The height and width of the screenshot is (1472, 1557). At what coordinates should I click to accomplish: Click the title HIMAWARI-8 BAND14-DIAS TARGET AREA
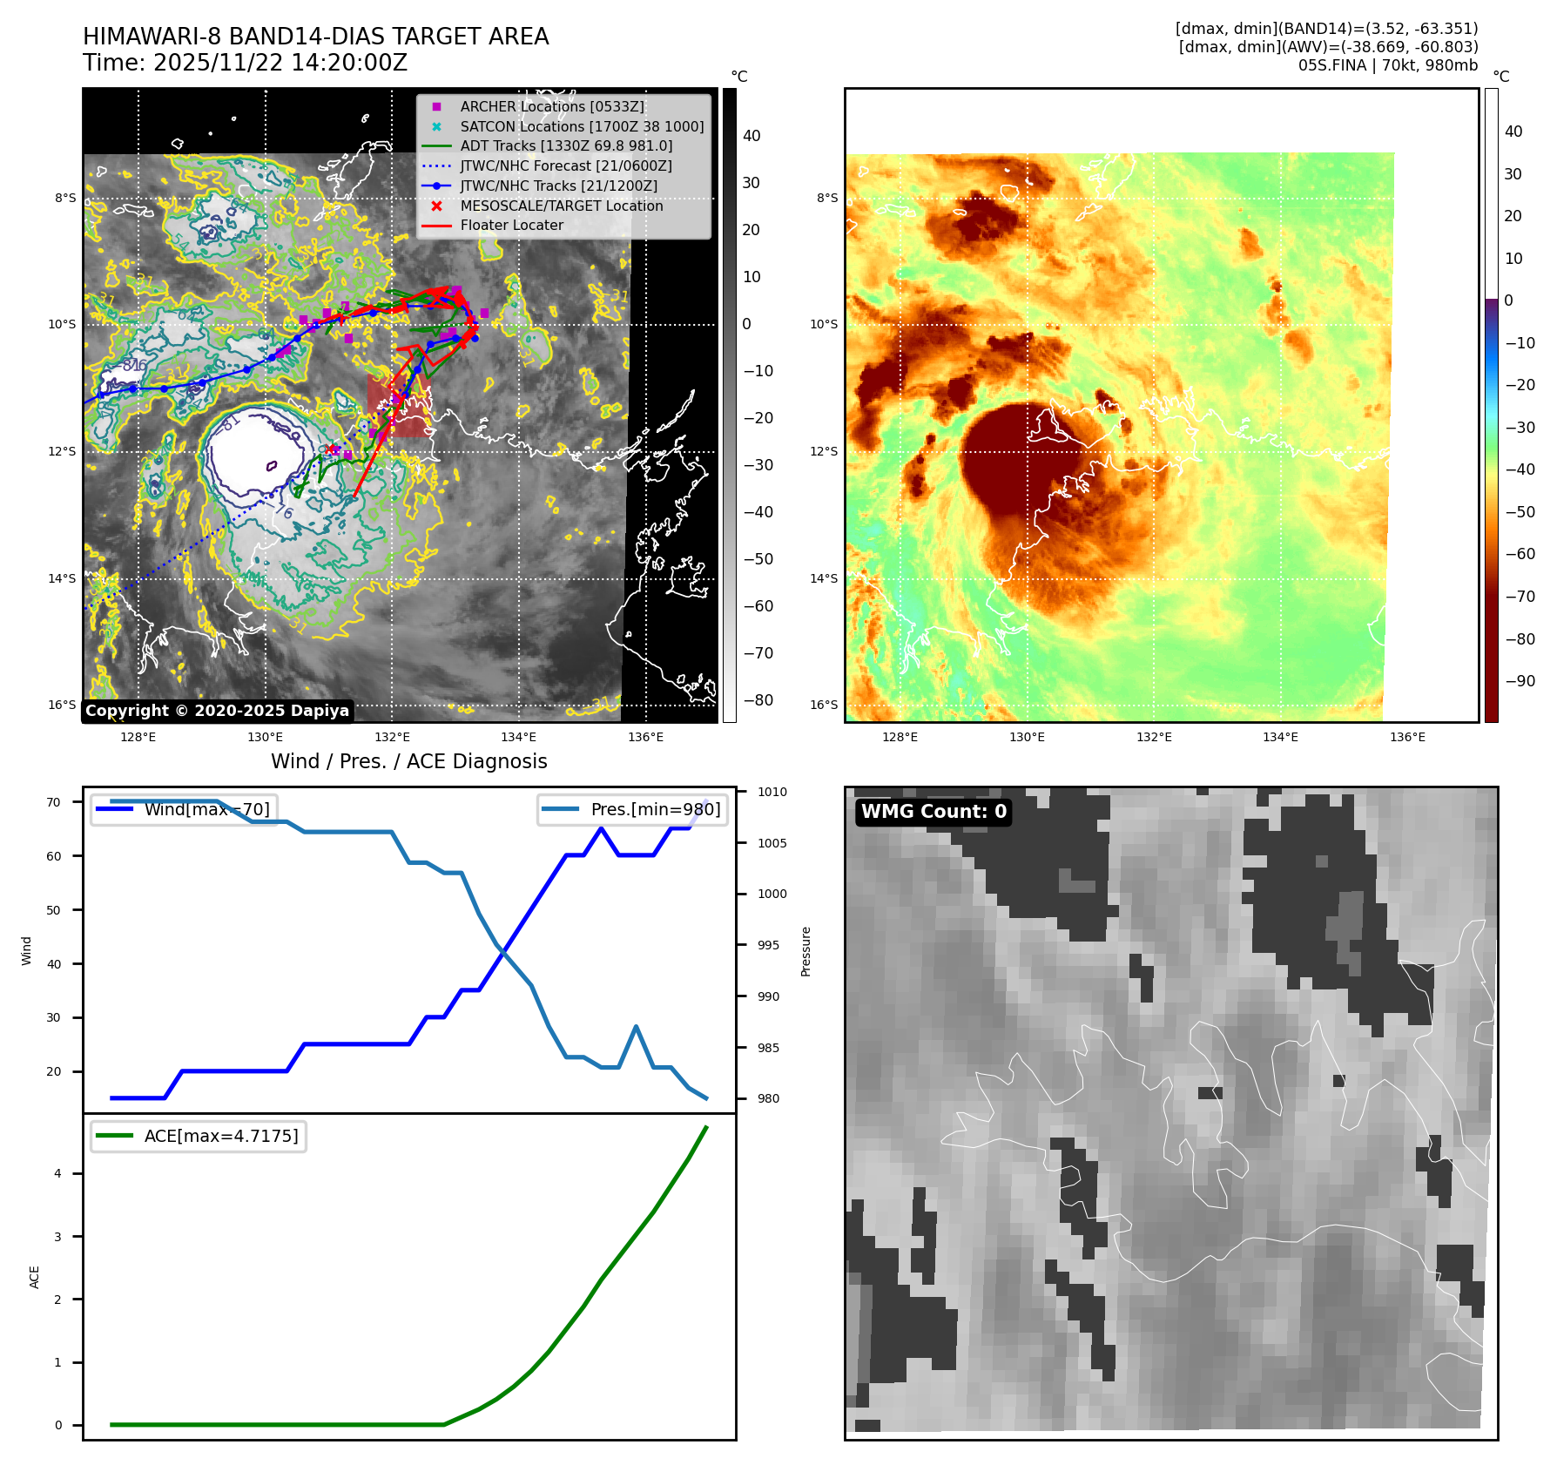click(x=315, y=37)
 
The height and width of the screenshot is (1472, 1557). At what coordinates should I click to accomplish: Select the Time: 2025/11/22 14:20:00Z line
click(x=245, y=63)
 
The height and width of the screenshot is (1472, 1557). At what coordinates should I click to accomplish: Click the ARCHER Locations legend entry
click(x=552, y=106)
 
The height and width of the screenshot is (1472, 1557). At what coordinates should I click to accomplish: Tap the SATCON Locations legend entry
click(x=582, y=126)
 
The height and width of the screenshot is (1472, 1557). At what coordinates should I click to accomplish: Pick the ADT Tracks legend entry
click(x=566, y=145)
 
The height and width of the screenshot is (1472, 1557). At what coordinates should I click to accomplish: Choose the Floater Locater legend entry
click(x=511, y=225)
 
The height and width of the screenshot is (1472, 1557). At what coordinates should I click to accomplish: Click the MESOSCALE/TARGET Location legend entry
click(x=562, y=206)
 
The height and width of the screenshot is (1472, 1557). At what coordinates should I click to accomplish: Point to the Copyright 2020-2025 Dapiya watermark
click(x=217, y=711)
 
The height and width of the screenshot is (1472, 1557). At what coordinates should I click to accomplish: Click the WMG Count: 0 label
click(x=934, y=812)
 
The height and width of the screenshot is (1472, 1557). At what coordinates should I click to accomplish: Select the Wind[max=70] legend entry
click(x=206, y=809)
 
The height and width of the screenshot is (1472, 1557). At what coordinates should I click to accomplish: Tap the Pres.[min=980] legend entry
click(x=655, y=809)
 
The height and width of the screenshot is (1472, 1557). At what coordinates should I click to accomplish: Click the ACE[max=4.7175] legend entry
click(x=220, y=1136)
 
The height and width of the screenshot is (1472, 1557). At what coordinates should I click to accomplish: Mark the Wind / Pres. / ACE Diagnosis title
click(x=408, y=761)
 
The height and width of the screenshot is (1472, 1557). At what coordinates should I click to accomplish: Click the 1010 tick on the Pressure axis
click(x=772, y=792)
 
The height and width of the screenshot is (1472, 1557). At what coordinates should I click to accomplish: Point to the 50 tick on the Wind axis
click(x=54, y=910)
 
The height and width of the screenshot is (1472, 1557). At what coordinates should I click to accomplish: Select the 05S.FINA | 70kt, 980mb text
click(x=1387, y=65)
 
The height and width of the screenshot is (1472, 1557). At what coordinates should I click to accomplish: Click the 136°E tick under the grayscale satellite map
click(x=645, y=737)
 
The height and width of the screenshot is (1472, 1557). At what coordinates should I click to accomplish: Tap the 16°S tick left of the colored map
click(x=823, y=705)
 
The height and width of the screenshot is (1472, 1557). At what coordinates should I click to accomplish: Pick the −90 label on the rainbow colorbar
click(x=1520, y=681)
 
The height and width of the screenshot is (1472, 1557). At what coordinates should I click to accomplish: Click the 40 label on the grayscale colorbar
click(x=751, y=136)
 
